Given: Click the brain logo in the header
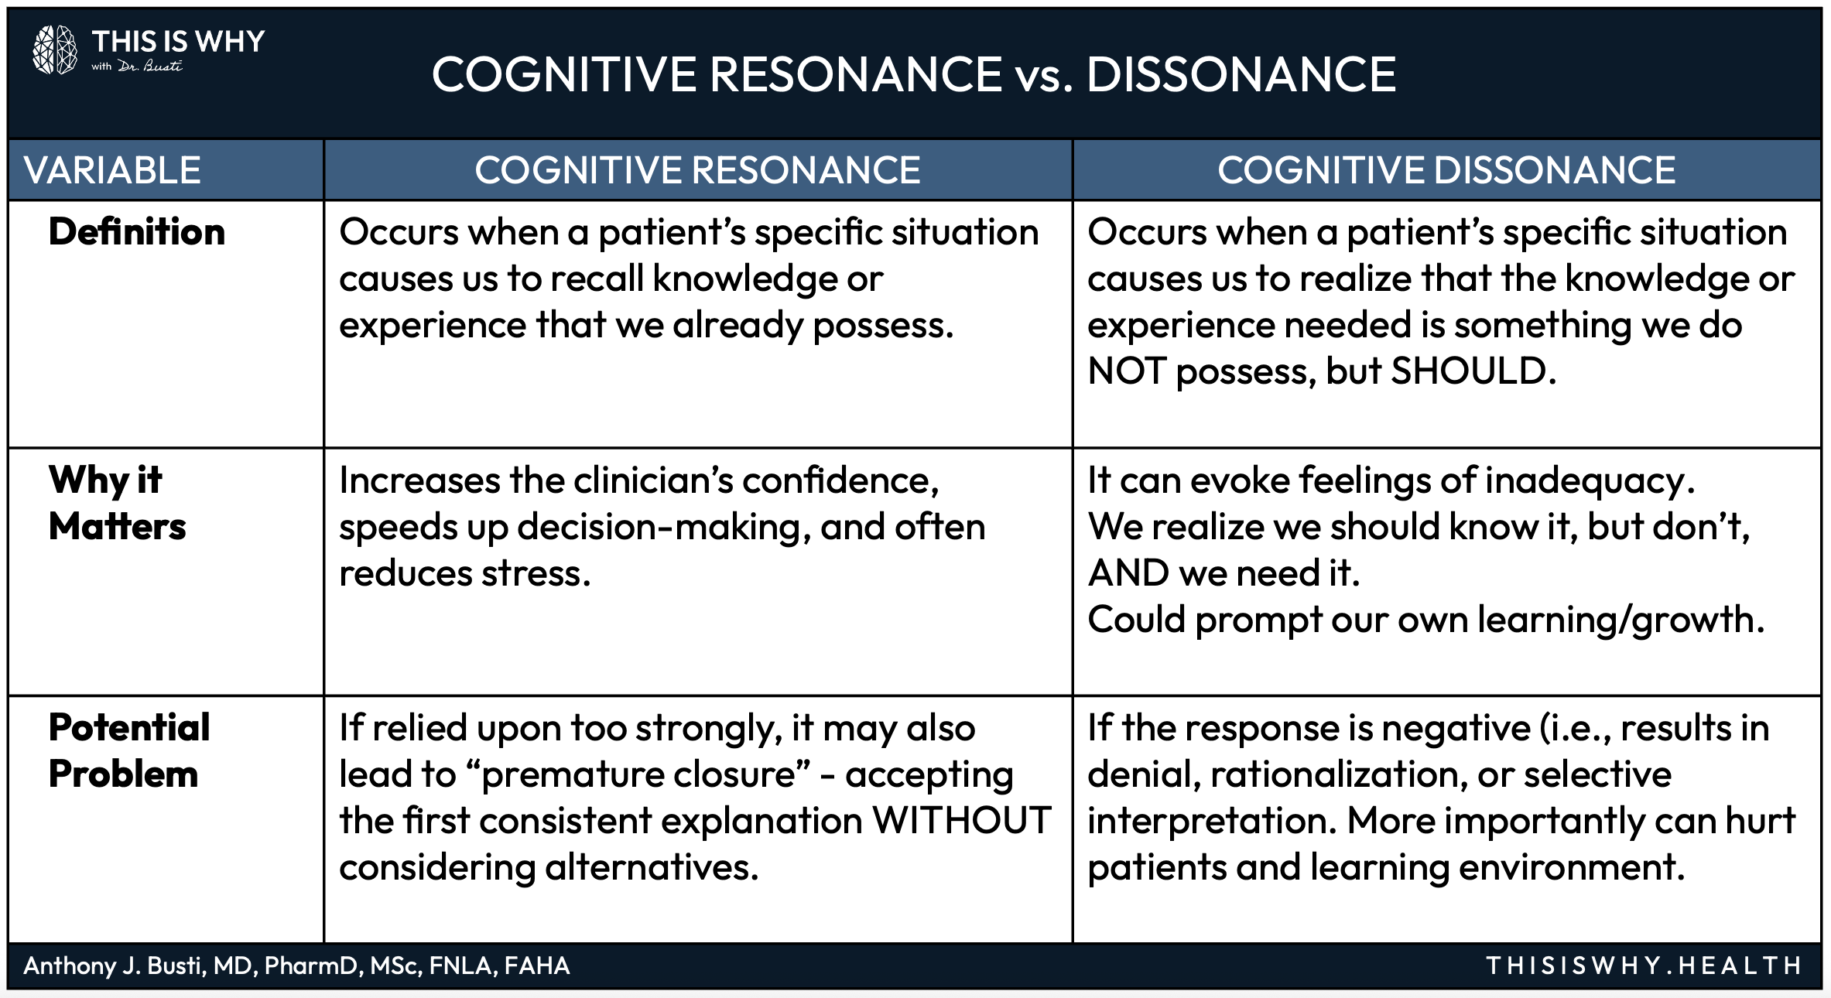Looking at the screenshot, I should (55, 50).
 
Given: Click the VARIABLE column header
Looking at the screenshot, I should (112, 170).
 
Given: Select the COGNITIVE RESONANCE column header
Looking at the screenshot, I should (697, 170).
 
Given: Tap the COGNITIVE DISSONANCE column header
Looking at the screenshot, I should (1446, 170).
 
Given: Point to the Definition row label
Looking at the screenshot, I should (137, 232).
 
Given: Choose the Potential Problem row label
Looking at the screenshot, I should (128, 750).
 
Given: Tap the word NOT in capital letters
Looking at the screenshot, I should (1126, 371).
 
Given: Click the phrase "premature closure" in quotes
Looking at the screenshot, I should (638, 774).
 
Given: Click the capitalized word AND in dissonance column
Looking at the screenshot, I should (1128, 573).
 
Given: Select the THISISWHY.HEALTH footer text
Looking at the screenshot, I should (1644, 966).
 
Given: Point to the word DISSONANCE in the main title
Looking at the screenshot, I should (1241, 75).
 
